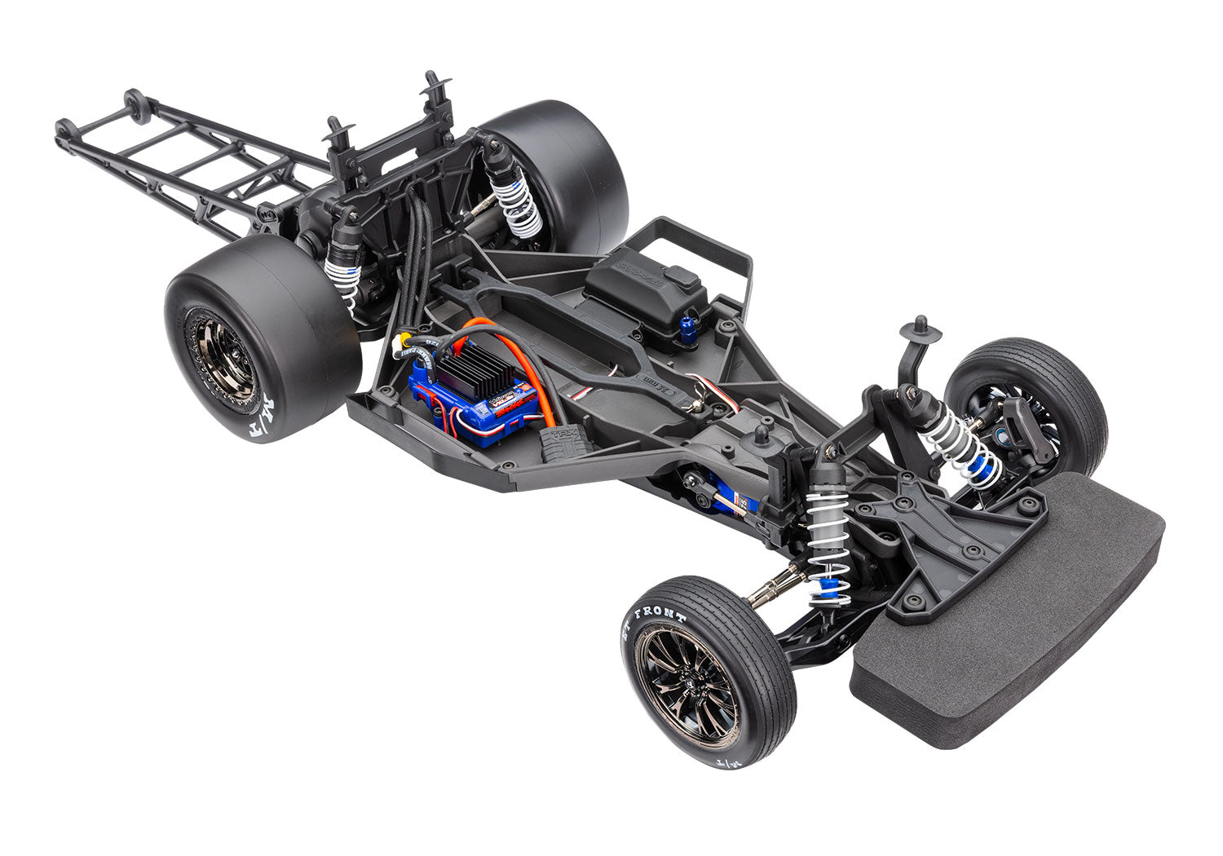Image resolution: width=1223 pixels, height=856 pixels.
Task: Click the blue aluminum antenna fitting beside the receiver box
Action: (687, 331)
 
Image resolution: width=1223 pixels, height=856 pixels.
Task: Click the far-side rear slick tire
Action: (563, 171)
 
